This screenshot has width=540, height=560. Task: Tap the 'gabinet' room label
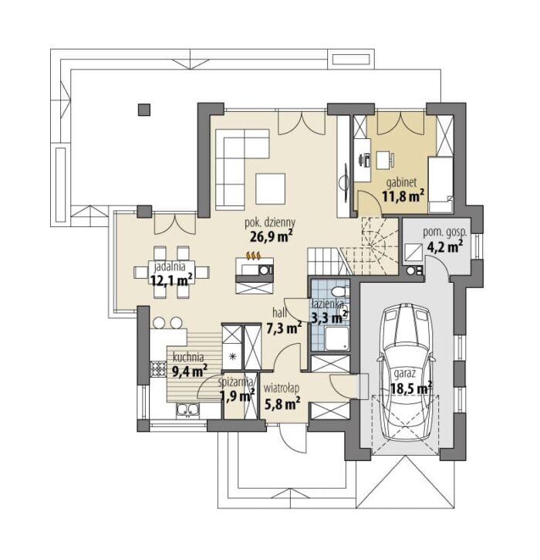click(401, 183)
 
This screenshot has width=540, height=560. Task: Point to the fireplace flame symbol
click(254, 256)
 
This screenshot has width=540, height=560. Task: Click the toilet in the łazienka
click(339, 290)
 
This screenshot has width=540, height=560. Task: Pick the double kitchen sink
click(187, 409)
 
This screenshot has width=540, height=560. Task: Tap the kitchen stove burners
click(157, 369)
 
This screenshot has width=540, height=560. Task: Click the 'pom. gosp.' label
click(445, 232)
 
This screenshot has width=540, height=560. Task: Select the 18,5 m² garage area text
click(411, 389)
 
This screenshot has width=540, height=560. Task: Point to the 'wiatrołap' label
click(281, 389)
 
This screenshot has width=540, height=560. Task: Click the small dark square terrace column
click(144, 110)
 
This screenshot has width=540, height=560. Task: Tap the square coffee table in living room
click(270, 188)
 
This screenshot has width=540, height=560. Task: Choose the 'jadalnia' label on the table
click(169, 266)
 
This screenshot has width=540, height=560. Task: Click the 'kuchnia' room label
click(188, 357)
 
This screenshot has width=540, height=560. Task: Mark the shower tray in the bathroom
click(336, 338)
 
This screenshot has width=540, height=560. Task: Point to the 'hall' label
click(279, 313)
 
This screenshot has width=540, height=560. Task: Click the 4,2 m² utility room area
click(443, 246)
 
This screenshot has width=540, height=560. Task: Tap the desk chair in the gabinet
click(385, 160)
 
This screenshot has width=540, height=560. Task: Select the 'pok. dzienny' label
click(270, 223)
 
